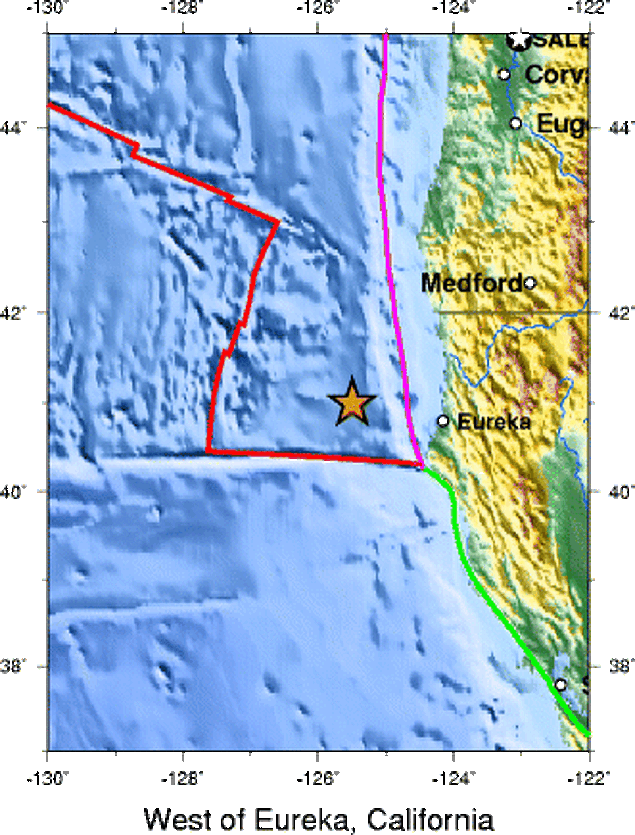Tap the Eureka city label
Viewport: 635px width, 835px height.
[x=494, y=422]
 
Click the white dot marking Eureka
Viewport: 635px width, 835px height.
[x=443, y=421]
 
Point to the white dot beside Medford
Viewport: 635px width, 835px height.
[x=530, y=283]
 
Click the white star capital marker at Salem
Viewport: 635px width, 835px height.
[x=520, y=39]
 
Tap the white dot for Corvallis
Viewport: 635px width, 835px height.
[x=504, y=75]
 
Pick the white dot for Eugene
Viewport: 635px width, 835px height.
[x=516, y=123]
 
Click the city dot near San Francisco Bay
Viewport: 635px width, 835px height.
[x=560, y=685]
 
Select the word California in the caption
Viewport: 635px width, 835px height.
[x=430, y=820]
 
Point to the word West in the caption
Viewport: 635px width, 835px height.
[x=177, y=820]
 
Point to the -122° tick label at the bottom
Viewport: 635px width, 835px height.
[x=588, y=779]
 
